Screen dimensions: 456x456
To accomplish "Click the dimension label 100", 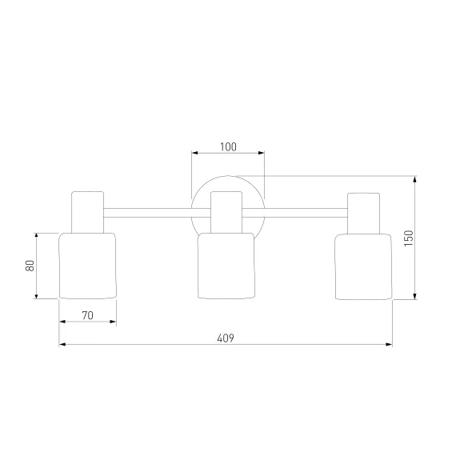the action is coord(228,147).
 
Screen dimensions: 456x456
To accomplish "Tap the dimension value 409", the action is coord(226,338).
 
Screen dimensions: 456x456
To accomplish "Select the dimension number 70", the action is coord(87,315).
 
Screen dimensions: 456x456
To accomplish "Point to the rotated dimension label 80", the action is coord(30,266).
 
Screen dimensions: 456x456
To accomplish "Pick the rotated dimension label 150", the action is coord(409,238).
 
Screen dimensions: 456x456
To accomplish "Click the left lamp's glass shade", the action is coord(87,266).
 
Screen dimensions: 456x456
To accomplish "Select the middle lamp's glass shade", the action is coord(226,266).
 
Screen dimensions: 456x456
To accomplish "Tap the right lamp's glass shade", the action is coord(363,267).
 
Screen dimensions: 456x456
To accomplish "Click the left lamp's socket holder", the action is coord(87,212).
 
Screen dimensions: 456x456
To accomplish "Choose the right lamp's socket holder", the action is coord(363,214).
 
